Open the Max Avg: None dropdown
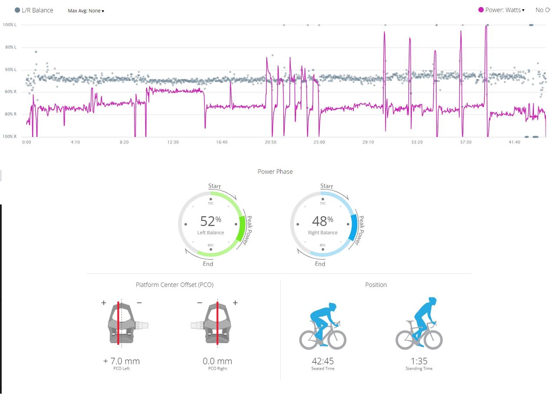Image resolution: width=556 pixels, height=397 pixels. coord(86,10)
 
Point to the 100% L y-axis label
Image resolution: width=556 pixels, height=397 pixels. coord(10,25)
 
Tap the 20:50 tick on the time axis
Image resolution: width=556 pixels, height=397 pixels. coord(271,142)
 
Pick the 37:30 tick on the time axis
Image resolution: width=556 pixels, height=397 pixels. coord(466,142)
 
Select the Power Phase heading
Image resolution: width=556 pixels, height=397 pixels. coord(275,172)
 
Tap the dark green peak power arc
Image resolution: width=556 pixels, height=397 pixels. coord(241,228)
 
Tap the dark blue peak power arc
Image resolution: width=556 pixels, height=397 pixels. coord(353,227)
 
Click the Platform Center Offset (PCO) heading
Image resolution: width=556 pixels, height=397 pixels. coord(175,285)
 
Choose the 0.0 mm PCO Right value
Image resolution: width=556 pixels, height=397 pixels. coord(217,361)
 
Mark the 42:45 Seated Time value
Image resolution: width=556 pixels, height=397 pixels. coord(322,361)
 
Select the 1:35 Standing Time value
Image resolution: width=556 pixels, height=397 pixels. coord(419,361)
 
